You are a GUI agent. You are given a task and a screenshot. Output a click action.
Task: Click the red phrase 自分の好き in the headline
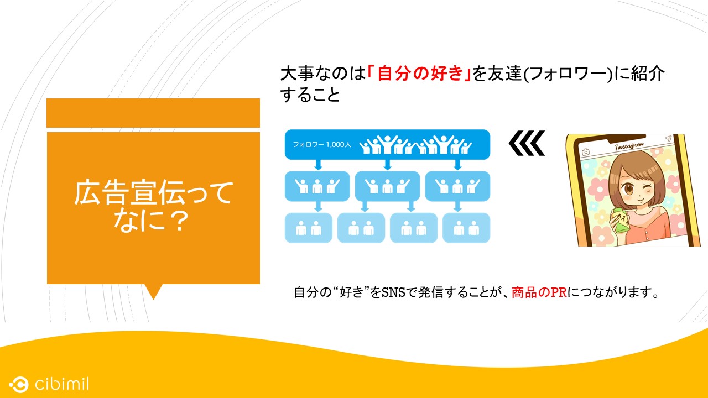pyautogui.click(x=419, y=74)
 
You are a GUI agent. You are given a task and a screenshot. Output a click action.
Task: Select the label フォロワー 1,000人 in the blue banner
pyautogui.click(x=322, y=145)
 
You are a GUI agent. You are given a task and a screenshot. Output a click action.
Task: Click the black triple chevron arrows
pyautogui.click(x=527, y=143)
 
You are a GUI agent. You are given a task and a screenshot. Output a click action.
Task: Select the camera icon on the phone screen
pyautogui.click(x=586, y=152)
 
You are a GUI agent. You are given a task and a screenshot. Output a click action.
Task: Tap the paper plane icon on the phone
pyautogui.click(x=668, y=138)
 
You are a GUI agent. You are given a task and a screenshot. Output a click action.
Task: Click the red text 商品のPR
pyautogui.click(x=539, y=292)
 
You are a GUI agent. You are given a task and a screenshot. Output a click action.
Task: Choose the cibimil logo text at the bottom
pyautogui.click(x=62, y=384)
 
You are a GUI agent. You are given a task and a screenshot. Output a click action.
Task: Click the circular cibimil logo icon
pyautogui.click(x=19, y=384)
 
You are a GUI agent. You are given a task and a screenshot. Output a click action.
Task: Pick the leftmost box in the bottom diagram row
pyautogui.click(x=309, y=228)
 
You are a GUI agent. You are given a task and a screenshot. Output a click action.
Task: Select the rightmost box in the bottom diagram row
pyautogui.click(x=466, y=228)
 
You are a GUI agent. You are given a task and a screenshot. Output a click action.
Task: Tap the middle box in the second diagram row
pyautogui.click(x=388, y=186)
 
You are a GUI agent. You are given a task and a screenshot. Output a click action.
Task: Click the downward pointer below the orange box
pyautogui.click(x=154, y=291)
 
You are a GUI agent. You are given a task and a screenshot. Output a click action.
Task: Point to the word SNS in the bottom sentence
pyautogui.click(x=393, y=292)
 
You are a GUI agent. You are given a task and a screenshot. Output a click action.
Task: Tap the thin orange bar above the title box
pyautogui.click(x=153, y=113)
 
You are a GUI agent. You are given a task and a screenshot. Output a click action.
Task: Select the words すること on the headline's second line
pyautogui.click(x=310, y=95)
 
